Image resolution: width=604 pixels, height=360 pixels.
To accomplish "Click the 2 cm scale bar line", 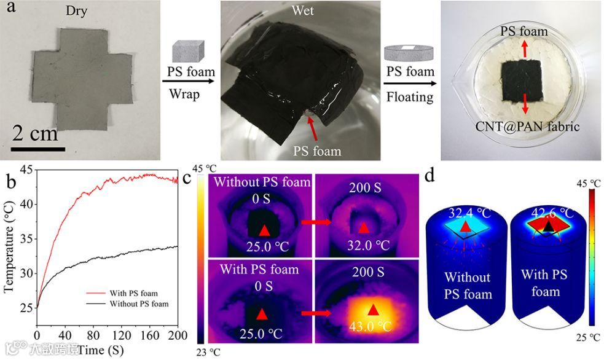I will [x=39, y=148].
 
